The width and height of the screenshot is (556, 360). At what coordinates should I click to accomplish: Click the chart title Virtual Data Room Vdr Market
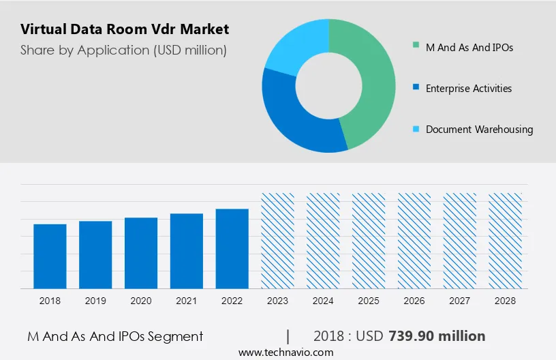(125, 29)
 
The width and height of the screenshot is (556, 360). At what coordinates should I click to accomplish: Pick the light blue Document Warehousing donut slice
(293, 44)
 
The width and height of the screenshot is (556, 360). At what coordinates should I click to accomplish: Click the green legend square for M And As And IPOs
(416, 47)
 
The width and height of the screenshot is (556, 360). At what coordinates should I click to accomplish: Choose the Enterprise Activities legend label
(469, 89)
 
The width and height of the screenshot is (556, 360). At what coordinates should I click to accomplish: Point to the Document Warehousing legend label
(479, 130)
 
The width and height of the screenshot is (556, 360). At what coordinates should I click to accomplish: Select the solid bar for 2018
(50, 256)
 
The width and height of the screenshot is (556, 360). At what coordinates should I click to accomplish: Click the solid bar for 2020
(141, 253)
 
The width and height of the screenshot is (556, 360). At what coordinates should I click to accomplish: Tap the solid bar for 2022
(232, 249)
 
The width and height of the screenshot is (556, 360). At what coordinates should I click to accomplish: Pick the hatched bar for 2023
(278, 241)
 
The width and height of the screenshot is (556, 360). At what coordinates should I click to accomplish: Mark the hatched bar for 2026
(415, 241)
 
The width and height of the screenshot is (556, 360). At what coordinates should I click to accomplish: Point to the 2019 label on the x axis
(95, 300)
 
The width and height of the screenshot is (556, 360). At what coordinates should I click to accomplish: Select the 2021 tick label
(187, 300)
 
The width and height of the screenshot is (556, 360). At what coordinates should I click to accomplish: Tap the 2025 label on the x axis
(369, 300)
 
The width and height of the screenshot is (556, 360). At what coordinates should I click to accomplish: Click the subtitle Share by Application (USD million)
(123, 50)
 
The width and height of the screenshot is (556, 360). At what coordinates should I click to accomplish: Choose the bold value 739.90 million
(437, 336)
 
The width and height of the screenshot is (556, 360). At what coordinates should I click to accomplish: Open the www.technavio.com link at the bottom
(285, 352)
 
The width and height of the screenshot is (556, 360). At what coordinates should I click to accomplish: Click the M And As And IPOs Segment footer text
(115, 336)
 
